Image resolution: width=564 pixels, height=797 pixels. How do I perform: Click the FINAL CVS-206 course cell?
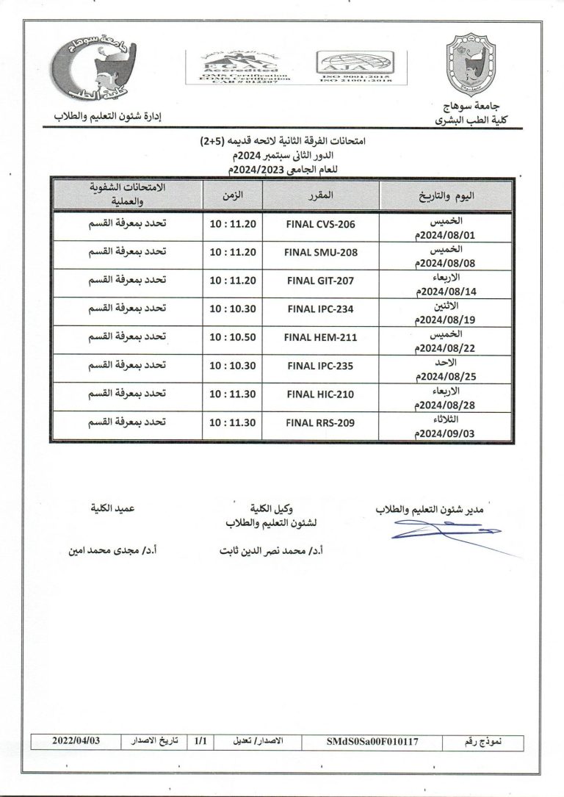pos(320,223)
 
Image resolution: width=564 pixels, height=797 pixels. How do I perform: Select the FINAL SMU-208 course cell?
pos(320,252)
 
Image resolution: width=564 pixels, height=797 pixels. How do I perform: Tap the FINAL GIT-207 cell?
pos(320,281)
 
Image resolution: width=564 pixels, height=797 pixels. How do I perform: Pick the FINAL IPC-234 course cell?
pos(320,309)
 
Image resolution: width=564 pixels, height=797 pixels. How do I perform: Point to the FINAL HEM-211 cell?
pos(320,338)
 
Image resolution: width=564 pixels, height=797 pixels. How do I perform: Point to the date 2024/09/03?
pos(445,433)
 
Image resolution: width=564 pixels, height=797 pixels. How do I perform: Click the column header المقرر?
pos(320,195)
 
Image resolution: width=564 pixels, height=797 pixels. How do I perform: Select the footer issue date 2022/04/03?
pos(75,742)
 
